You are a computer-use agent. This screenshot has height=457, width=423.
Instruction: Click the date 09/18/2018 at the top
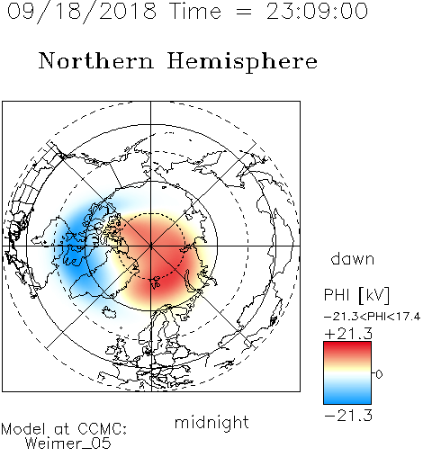[x=82, y=12]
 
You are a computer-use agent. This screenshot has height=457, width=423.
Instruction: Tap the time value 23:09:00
[x=317, y=11]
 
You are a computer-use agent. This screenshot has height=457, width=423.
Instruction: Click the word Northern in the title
[x=96, y=60]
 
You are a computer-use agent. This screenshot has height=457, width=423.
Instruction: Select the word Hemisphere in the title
[x=242, y=62]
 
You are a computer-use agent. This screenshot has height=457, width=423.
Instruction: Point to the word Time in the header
[x=195, y=11]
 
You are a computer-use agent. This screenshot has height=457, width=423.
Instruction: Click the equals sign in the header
[x=244, y=13]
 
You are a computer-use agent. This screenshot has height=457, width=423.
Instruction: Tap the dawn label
[x=352, y=258]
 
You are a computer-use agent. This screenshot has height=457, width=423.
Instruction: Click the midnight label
[x=211, y=422]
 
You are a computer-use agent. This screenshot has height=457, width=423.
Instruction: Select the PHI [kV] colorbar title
[x=356, y=295]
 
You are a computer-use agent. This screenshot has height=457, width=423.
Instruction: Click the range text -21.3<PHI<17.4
[x=372, y=317]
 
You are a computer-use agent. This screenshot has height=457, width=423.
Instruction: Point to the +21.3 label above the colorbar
[x=348, y=334]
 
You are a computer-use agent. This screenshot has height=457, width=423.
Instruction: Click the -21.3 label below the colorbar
[x=348, y=416]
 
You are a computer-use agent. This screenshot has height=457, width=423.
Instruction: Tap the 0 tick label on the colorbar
[x=379, y=374]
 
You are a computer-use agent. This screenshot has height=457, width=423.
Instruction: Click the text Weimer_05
[x=68, y=444]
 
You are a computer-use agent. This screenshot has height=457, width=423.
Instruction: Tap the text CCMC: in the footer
[x=102, y=429]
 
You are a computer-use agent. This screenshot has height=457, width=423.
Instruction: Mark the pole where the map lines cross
[x=151, y=246]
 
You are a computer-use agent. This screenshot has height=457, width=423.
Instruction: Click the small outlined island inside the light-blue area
[x=109, y=312]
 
